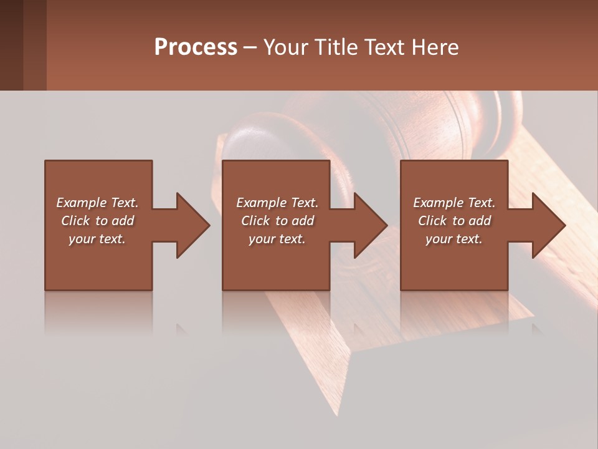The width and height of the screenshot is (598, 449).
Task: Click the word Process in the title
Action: coord(196,47)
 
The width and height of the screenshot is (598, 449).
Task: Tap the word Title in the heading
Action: coord(336,47)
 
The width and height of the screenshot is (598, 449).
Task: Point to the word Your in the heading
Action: coord(286,47)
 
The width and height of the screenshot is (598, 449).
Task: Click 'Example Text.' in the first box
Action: coord(97,203)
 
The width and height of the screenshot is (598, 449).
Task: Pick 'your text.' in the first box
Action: coord(97,239)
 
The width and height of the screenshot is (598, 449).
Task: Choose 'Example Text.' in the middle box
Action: coord(277,203)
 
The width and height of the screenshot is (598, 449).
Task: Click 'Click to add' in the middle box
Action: coord(277,221)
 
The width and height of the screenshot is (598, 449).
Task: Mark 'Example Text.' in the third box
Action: coord(454,203)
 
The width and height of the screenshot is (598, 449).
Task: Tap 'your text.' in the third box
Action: coord(454,239)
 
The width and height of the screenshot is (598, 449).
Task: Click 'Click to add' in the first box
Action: coord(97,221)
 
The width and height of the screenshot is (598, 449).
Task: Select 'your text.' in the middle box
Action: coord(277,239)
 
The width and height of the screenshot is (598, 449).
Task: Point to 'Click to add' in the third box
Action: coord(454,221)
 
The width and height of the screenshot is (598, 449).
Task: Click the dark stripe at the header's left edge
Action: coord(11,45)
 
